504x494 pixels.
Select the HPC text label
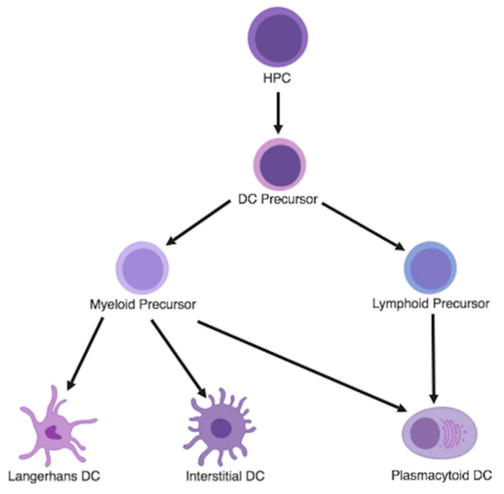click(x=277, y=78)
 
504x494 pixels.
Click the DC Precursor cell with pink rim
click(x=280, y=165)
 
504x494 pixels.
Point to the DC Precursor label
click(x=278, y=199)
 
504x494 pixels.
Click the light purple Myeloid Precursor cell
click(x=142, y=268)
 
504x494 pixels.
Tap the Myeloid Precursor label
click(x=143, y=304)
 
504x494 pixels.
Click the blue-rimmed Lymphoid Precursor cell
click(x=430, y=268)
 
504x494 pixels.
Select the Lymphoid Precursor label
click(x=431, y=304)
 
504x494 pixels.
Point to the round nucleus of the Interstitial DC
click(x=221, y=428)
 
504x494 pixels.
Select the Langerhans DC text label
click(x=54, y=476)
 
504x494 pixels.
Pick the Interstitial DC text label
click(x=225, y=476)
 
